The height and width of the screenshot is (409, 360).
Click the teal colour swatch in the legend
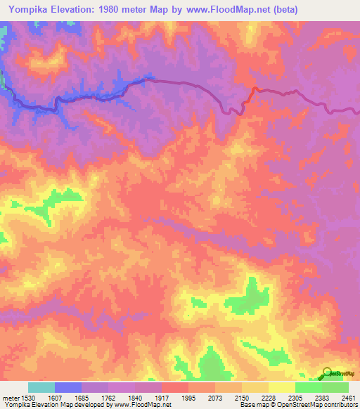coord(41,387)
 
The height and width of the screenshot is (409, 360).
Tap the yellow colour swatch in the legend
coord(282,387)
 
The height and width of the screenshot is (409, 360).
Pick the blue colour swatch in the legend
coord(68,387)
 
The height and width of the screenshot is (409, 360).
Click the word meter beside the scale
coord(11,397)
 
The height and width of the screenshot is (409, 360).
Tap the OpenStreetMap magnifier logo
coord(326,372)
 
